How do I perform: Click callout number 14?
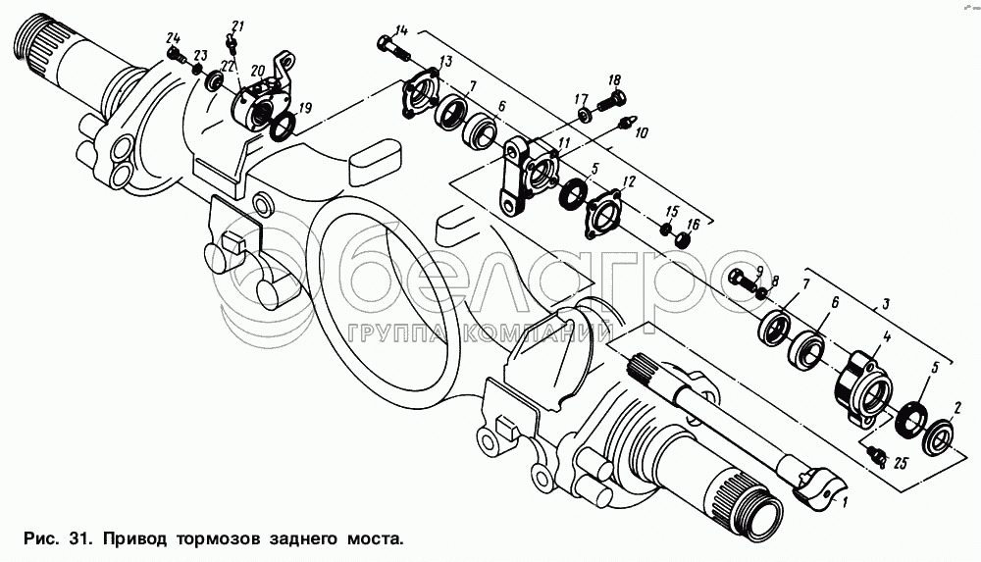click(401, 30)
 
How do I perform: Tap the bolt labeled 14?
click(392, 49)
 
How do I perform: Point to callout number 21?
click(237, 26)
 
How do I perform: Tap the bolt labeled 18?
click(611, 101)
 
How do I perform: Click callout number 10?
click(642, 132)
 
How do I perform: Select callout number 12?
click(629, 182)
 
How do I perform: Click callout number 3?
click(886, 305)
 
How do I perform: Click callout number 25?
click(900, 464)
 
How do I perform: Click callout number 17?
click(582, 99)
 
